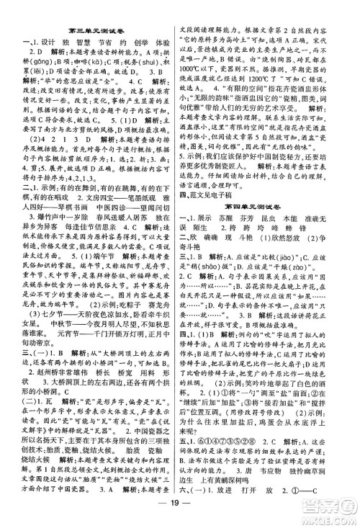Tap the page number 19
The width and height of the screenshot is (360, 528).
[x=180, y=512]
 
